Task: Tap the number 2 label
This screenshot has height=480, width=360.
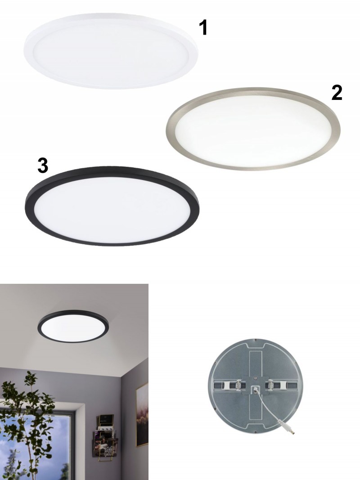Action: (x=337, y=93)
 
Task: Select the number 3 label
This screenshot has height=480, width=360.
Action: (x=43, y=165)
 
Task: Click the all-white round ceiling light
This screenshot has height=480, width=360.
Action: (x=111, y=51)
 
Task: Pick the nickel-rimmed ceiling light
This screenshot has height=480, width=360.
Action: (x=253, y=129)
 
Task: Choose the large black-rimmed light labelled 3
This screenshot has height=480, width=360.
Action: (x=112, y=206)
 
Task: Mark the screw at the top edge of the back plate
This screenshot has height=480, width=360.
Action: (x=256, y=340)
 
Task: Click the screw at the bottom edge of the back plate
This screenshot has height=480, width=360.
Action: (x=256, y=431)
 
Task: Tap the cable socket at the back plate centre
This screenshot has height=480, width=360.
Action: (x=255, y=390)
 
